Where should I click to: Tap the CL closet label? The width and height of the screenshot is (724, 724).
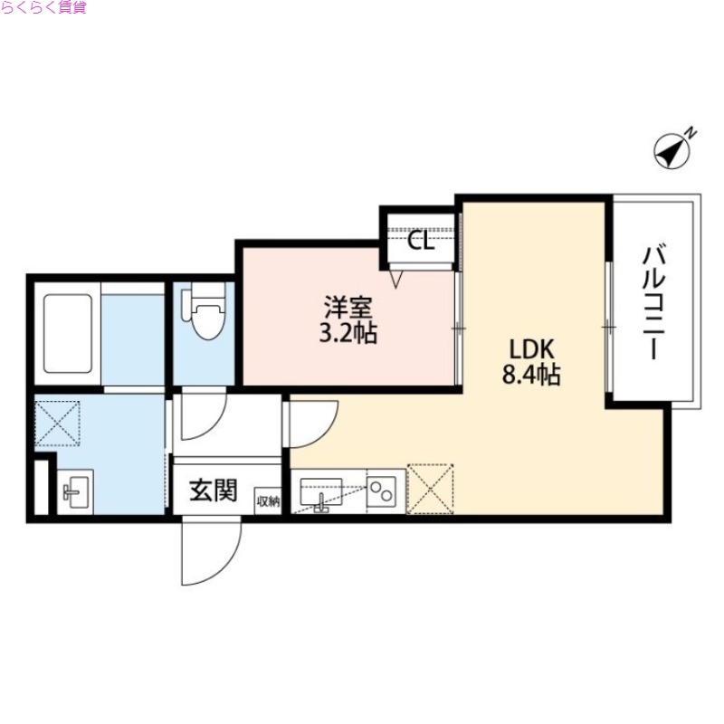pyautogui.click(x=421, y=242)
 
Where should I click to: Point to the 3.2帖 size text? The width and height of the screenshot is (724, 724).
pyautogui.click(x=347, y=334)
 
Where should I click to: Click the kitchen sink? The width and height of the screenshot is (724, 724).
pyautogui.click(x=319, y=494)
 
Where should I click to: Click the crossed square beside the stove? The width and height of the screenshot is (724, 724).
pyautogui.click(x=431, y=490)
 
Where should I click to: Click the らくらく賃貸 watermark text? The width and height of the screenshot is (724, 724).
pyautogui.click(x=43, y=8)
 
